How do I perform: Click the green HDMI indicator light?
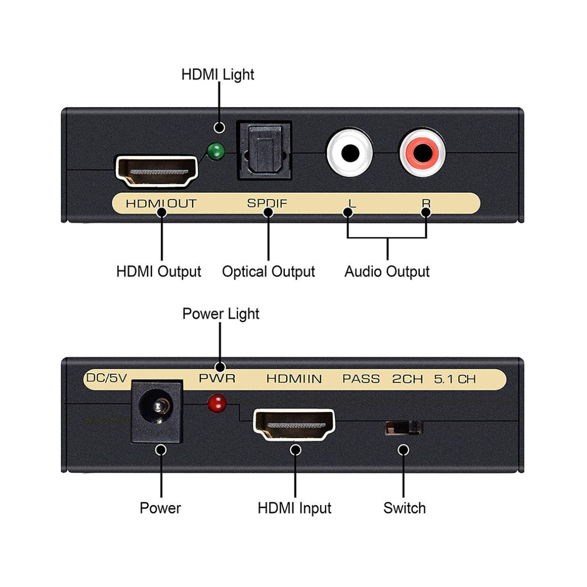(215, 152)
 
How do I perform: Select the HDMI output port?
(156, 171)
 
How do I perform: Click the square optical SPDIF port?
(264, 151)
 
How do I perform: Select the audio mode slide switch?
(403, 428)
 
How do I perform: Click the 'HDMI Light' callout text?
(218, 75)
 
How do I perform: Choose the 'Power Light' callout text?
(221, 314)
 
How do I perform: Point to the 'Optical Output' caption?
(269, 271)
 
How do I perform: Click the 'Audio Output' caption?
(387, 271)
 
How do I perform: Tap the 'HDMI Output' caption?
(158, 271)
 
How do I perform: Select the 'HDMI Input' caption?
(294, 508)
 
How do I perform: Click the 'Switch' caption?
(405, 508)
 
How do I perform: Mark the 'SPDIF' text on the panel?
(267, 203)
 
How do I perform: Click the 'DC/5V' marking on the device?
(106, 378)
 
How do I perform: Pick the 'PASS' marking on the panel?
(361, 379)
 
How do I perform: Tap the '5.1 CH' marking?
(455, 379)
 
